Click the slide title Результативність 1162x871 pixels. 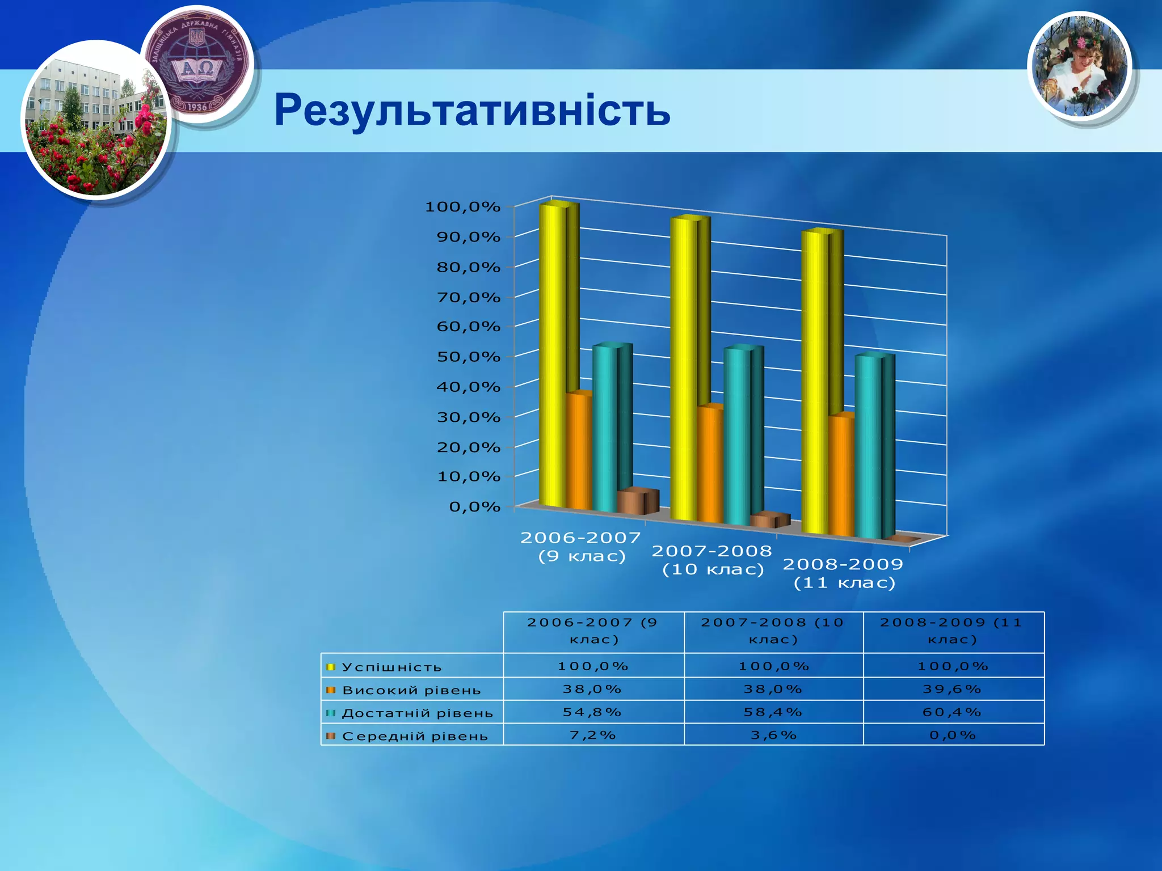[472, 111]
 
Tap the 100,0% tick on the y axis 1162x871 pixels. [462, 207]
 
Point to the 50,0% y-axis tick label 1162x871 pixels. [468, 357]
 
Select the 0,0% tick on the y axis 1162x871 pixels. [474, 507]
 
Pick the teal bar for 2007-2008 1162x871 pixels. [737, 437]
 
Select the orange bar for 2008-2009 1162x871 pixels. [841, 476]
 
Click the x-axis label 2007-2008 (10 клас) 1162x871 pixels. [713, 560]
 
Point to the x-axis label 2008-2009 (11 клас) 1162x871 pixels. [844, 573]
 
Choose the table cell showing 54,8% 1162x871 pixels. [592, 712]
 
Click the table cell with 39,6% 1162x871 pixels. [952, 690]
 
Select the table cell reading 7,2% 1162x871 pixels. [592, 735]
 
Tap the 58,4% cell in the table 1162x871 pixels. [773, 712]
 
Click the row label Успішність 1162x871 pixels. [391, 667]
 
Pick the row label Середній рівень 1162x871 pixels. [415, 737]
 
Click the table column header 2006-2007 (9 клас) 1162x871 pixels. [593, 631]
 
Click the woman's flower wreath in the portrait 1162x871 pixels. [1081, 43]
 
